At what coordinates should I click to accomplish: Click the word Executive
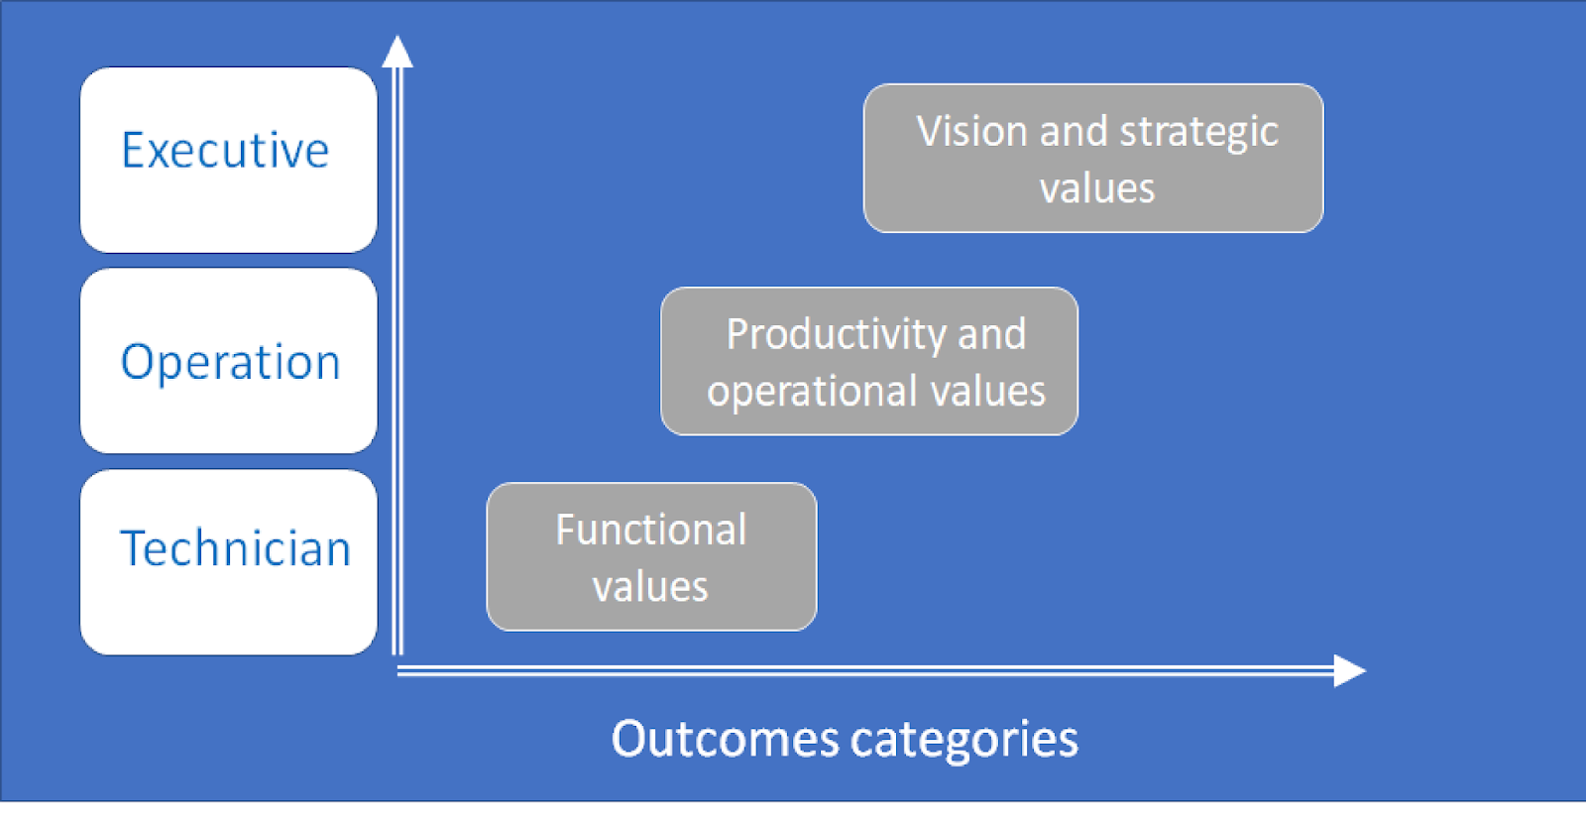[225, 151]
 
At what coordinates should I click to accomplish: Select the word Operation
[230, 363]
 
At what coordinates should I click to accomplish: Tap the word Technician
[235, 548]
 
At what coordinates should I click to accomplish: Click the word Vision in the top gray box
[971, 132]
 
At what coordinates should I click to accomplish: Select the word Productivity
[838, 335]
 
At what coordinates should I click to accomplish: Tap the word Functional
[650, 530]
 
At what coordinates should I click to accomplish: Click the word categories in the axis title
[963, 741]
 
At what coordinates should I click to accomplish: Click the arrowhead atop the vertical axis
[397, 52]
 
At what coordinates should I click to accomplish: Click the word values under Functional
[650, 587]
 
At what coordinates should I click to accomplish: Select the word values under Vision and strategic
[1096, 188]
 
